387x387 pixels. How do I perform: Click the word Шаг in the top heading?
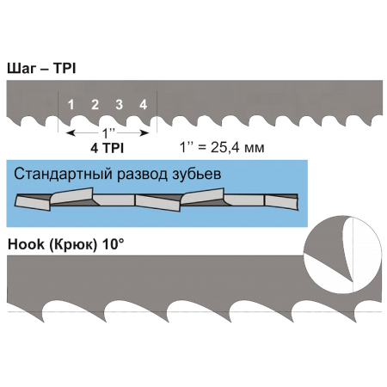click(21, 69)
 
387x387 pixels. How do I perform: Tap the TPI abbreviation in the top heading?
click(64, 69)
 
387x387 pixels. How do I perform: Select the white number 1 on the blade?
click(71, 105)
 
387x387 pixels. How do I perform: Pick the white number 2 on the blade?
click(95, 105)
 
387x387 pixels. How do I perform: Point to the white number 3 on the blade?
click(120, 105)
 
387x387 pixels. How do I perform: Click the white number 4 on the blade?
click(144, 105)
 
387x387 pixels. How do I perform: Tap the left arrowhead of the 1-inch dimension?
click(71, 133)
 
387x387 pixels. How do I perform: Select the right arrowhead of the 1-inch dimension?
click(144, 133)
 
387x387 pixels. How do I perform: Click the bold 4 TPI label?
click(107, 148)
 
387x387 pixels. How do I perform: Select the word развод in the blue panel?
click(143, 174)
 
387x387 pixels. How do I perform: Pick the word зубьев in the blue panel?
click(197, 174)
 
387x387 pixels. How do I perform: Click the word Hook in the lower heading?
click(26, 244)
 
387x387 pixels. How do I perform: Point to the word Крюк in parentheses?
click(73, 245)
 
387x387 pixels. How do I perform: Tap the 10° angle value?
click(114, 244)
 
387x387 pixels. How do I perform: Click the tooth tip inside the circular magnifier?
click(352, 281)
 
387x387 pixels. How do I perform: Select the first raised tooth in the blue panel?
click(71, 195)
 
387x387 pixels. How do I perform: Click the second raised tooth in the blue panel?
click(203, 196)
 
